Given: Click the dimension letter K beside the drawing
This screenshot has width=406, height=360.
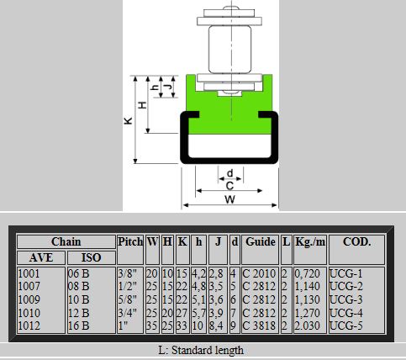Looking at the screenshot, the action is click(x=128, y=120).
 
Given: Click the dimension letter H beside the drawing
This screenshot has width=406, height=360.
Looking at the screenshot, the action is click(x=143, y=105).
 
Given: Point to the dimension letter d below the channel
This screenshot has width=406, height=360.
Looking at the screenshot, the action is click(x=229, y=173).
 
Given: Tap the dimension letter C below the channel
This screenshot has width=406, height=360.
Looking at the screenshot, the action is click(x=229, y=186).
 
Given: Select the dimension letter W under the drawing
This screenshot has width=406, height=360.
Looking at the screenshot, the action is click(x=229, y=199).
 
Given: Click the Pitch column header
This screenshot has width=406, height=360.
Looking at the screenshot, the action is click(x=130, y=241).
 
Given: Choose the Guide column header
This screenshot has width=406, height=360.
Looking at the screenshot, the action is click(x=261, y=241).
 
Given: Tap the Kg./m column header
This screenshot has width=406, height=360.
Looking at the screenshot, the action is click(x=310, y=241).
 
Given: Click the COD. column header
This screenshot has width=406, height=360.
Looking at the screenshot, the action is click(x=356, y=241).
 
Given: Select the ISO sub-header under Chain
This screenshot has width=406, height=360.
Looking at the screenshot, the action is click(x=91, y=257).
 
